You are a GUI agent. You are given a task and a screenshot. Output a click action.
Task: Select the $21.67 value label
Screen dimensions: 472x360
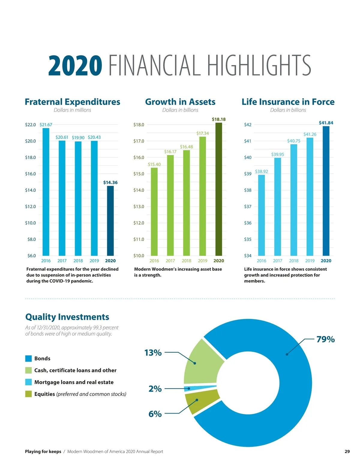(x=46, y=125)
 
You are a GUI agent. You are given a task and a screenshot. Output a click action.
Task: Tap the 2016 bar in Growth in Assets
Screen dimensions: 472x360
(x=154, y=212)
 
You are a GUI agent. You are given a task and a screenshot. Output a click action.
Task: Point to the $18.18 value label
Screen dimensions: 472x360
(x=219, y=119)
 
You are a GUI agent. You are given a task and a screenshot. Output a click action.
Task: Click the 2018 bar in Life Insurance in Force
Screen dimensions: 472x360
(x=294, y=200)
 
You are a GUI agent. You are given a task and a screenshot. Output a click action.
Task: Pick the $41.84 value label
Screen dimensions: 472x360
(x=326, y=123)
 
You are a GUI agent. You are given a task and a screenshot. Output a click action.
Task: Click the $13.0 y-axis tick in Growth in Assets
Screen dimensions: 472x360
(x=139, y=206)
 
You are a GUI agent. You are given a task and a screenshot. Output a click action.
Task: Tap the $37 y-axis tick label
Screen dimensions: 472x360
(x=248, y=206)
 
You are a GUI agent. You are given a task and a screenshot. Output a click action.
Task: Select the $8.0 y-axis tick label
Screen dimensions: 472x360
(x=31, y=239)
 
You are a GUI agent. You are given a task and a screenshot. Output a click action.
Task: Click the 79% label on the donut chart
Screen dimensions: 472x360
(x=325, y=339)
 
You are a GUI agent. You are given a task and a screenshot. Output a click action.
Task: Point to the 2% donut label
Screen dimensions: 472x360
(x=155, y=389)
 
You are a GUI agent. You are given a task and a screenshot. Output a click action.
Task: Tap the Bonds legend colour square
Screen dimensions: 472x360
(x=28, y=358)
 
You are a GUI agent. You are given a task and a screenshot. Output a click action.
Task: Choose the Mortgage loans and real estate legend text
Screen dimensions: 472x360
(x=74, y=382)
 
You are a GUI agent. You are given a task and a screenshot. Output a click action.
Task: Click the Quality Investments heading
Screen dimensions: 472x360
(x=67, y=317)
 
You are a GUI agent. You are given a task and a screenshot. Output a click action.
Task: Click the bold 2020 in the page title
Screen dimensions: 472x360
(x=75, y=66)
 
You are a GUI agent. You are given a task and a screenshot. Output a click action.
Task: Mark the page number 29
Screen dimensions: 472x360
(x=347, y=451)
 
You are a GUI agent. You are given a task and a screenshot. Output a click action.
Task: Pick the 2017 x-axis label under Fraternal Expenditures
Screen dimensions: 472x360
(x=62, y=261)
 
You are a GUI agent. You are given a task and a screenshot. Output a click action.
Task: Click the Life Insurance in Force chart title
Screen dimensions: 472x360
(x=288, y=102)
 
